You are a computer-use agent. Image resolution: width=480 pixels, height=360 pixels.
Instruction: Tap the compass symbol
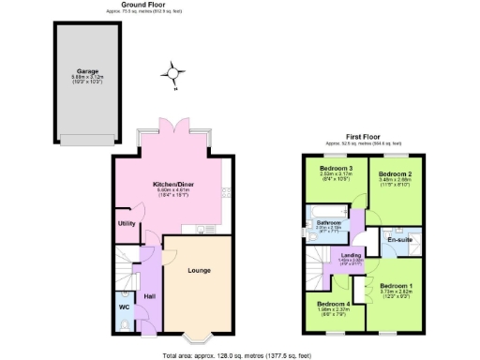point(172,71)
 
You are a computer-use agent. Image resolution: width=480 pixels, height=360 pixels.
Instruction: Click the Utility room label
point(127,223)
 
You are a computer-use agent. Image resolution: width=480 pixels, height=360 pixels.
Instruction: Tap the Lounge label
point(198,271)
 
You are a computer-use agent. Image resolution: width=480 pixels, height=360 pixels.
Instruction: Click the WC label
point(124,306)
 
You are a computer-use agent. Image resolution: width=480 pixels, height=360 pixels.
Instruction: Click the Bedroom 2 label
point(395,174)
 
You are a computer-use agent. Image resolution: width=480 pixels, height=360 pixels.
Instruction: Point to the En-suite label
point(400,240)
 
